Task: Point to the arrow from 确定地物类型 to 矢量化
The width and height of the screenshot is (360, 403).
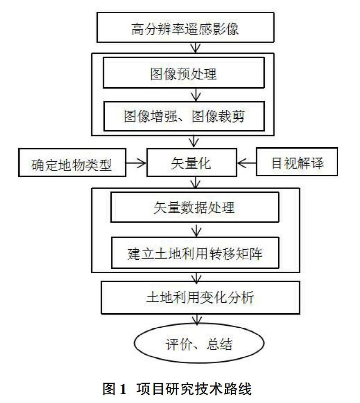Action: pos(136,163)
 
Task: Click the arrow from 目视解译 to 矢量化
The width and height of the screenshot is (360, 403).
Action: pos(247,163)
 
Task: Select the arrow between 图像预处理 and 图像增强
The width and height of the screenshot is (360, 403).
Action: pos(196,95)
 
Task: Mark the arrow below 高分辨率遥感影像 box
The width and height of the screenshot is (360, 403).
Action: pos(196,48)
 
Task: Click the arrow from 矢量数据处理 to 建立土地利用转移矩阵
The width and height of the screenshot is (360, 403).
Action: pos(197,230)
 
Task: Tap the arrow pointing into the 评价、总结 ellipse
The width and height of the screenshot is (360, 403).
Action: pos(197,319)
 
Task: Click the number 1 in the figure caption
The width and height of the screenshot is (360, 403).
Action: pos(123,389)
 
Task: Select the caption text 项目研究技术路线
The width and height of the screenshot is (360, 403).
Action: pos(194,389)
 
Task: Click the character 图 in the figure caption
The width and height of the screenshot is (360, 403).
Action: pos(109,389)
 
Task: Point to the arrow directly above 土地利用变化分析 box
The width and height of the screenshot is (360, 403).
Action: pos(197,277)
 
